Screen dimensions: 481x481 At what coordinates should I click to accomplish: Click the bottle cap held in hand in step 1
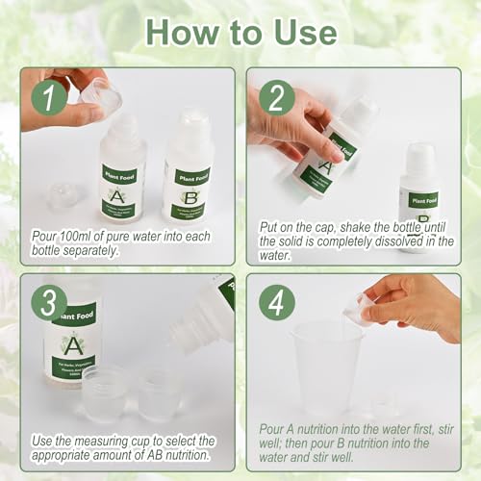tap(99, 92)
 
